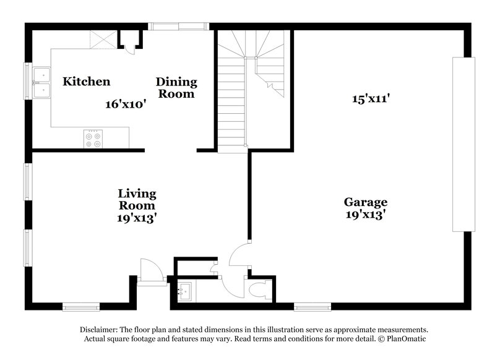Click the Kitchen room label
pyautogui.click(x=87, y=82)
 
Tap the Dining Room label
pyautogui.click(x=176, y=88)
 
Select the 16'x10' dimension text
pyautogui.click(x=125, y=105)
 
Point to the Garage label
pyautogui.click(x=366, y=202)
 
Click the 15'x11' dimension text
pyautogui.click(x=371, y=98)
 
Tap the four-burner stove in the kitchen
pyautogui.click(x=93, y=139)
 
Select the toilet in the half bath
pyautogui.click(x=257, y=289)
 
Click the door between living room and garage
pyautogui.click(x=239, y=256)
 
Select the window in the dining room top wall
pyautogui.click(x=179, y=27)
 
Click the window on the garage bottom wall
pyautogui.click(x=311, y=306)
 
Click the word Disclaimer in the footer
pyautogui.click(x=100, y=330)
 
